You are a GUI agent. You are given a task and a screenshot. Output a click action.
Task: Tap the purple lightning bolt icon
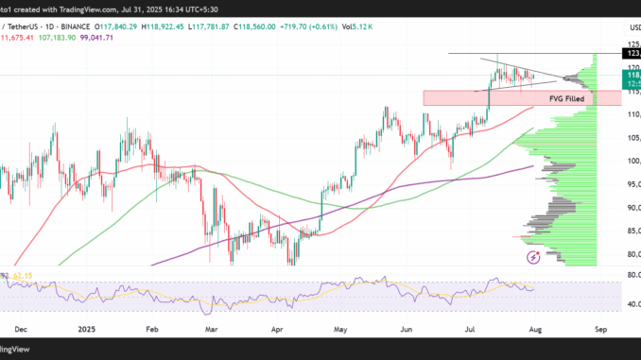[532, 256]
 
